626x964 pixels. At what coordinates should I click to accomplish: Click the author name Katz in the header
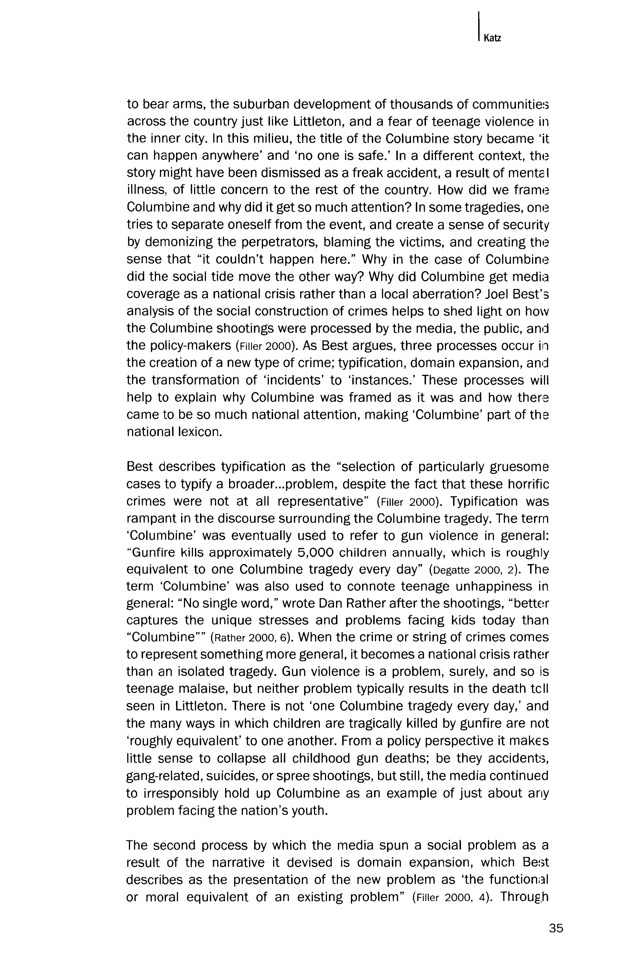[492, 38]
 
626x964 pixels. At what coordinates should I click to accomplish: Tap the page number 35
[556, 928]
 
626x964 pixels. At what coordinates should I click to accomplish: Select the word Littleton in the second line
[321, 121]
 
